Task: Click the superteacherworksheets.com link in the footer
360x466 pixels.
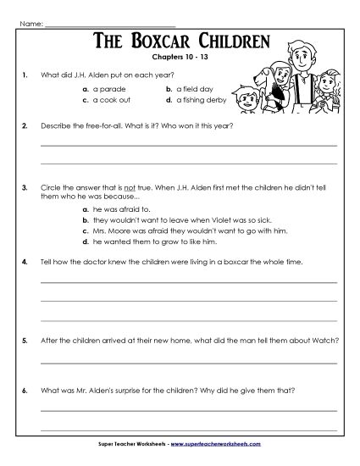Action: [225, 443]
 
